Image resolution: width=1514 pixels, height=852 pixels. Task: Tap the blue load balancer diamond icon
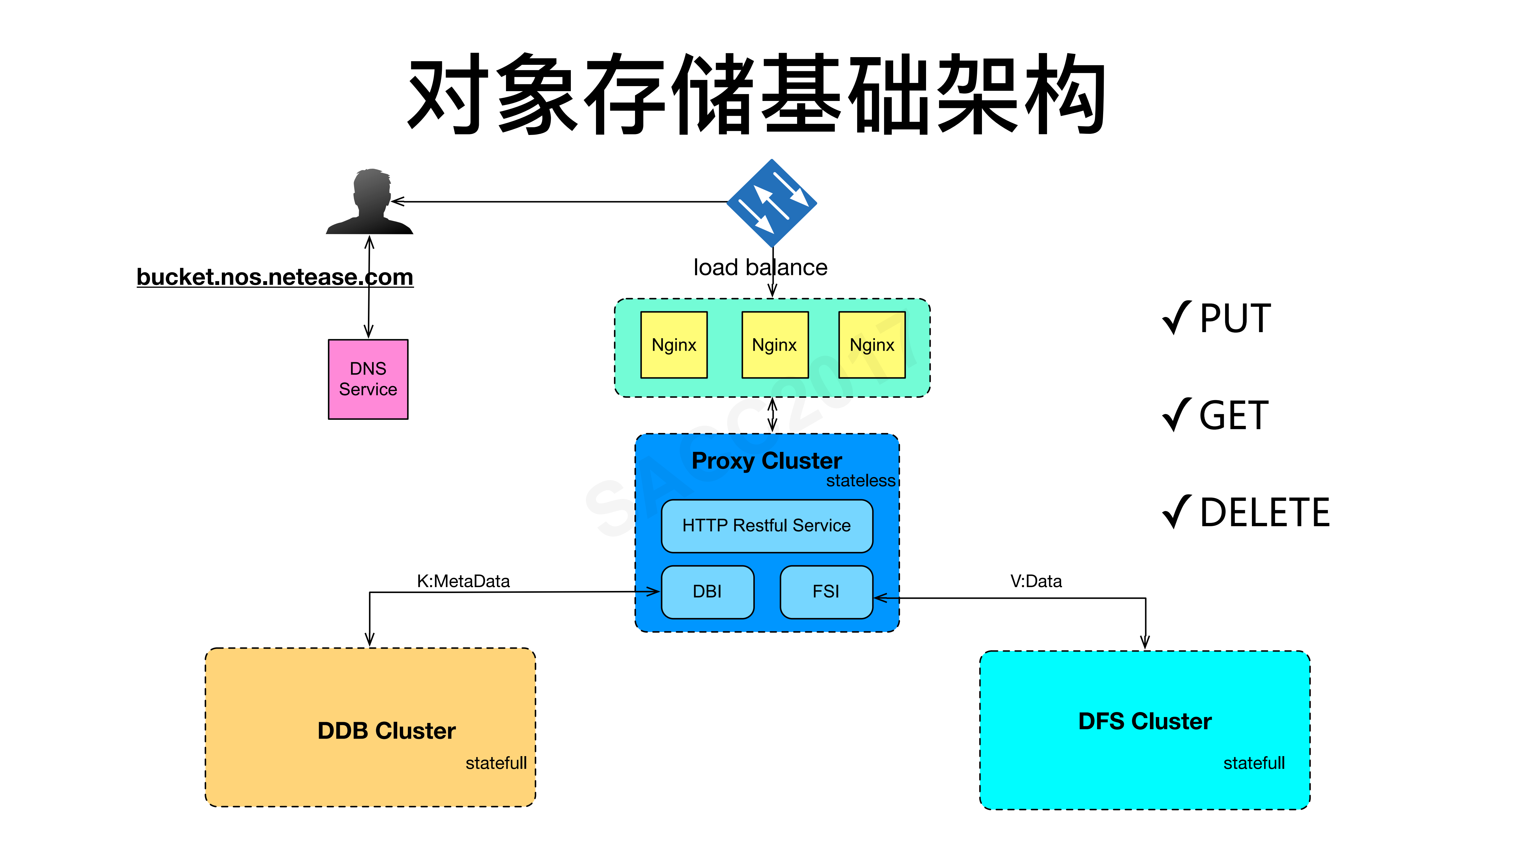772,203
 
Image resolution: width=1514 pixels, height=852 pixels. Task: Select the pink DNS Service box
368,379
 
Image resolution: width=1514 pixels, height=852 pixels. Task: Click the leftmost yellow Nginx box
673,344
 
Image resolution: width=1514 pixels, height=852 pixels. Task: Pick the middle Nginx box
775,344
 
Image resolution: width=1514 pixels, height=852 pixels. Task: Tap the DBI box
707,592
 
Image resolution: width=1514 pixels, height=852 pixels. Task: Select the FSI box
826,592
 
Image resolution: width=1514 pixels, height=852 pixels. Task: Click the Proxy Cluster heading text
766,460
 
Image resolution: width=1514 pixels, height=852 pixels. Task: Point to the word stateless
860,481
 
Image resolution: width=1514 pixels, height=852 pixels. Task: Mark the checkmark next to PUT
1177,318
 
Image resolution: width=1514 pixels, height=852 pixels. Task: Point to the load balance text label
760,268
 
